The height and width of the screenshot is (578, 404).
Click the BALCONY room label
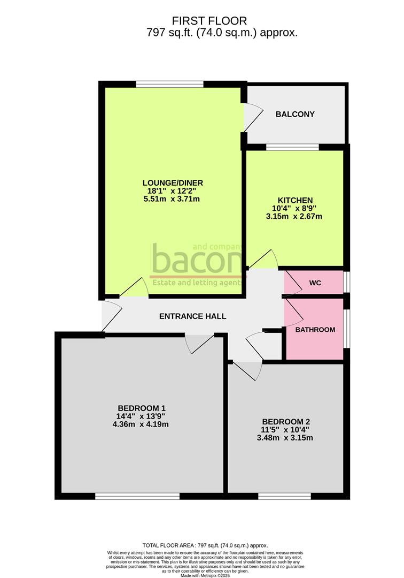tap(295, 114)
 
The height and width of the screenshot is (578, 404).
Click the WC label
tap(315, 283)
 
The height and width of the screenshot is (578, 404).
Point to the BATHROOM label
tap(315, 330)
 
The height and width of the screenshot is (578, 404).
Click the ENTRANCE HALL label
tap(192, 316)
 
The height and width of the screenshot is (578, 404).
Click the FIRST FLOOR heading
tap(209, 21)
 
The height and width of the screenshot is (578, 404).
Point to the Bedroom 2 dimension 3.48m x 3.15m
tap(284, 437)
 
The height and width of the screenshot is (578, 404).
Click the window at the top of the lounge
tap(169, 84)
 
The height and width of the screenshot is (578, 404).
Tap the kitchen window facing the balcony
tap(292, 147)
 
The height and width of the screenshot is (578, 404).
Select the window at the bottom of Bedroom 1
tap(137, 496)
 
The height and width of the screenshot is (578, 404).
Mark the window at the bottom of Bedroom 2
tap(284, 496)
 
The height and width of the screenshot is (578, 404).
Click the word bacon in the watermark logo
tap(197, 261)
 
